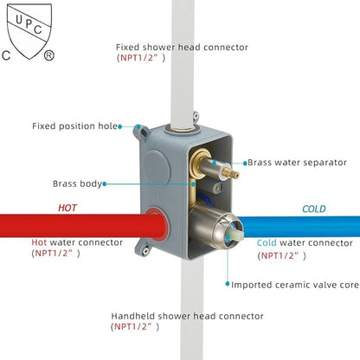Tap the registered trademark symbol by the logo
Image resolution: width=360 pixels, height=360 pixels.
49,55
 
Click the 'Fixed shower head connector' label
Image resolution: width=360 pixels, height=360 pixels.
182,47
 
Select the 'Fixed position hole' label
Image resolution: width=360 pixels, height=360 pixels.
74,126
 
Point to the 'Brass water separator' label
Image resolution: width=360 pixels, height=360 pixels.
293,162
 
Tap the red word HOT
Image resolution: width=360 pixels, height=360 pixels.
67,208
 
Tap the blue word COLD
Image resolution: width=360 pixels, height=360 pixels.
314,209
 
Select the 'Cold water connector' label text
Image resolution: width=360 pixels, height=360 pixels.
305,243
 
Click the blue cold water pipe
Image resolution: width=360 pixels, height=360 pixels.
303,226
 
